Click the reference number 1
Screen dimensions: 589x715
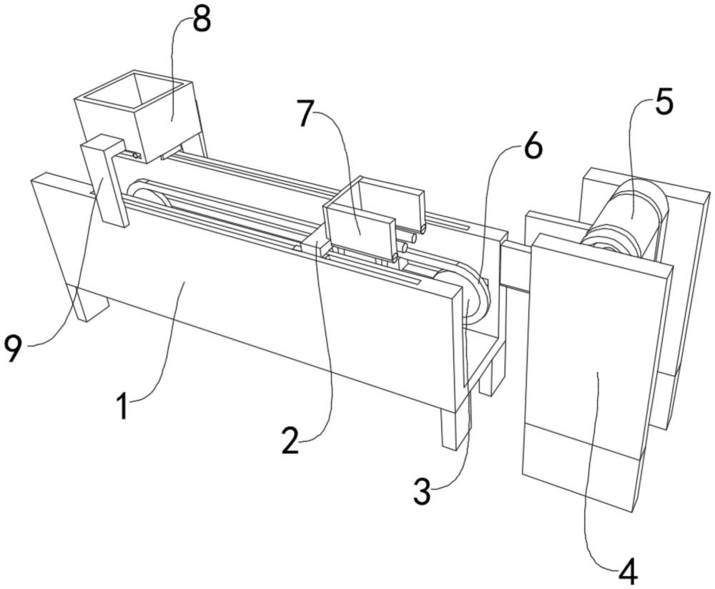point(124,407)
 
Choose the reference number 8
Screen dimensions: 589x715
point(202,20)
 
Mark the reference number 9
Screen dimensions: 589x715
point(15,351)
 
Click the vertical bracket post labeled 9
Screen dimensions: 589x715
point(106,182)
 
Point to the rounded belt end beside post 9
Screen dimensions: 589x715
point(143,193)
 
